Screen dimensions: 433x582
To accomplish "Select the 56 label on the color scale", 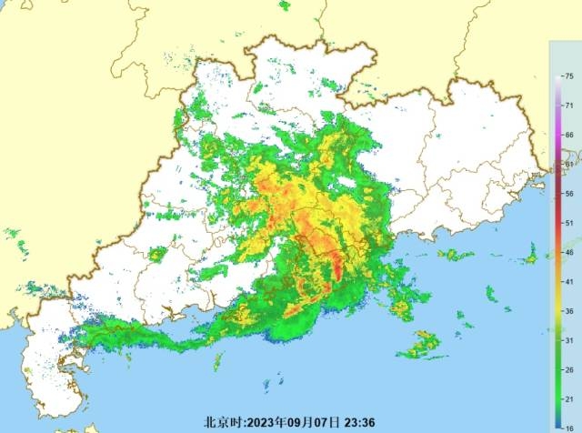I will point(568,193).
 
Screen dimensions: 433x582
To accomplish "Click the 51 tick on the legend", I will point(568,222).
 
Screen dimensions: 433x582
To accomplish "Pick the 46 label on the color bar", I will point(568,252).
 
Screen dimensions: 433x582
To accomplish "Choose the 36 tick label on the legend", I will point(568,310).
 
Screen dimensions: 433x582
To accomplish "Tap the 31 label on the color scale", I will point(568,339).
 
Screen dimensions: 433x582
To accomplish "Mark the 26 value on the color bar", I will point(568,369).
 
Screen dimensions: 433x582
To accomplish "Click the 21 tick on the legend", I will point(568,398).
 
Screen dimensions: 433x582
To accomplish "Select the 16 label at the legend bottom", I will point(568,425).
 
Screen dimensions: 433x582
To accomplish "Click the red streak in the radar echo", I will point(337,267).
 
